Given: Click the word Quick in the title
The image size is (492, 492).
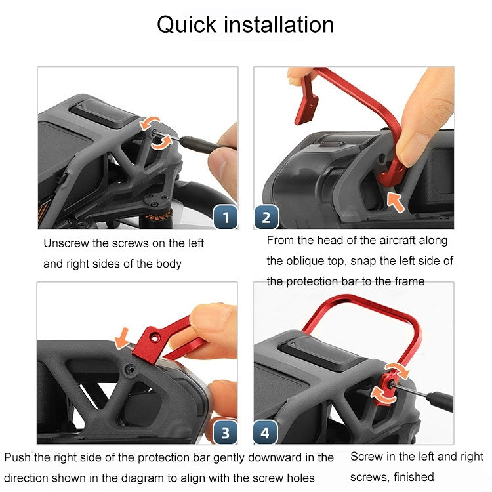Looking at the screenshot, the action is (187, 25).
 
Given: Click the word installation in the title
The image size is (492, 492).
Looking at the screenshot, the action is (279, 24).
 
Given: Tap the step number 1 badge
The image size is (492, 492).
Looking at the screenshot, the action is (225, 217).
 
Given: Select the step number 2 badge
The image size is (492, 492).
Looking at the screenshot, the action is (266, 217).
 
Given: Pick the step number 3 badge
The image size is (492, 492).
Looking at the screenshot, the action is (225, 433).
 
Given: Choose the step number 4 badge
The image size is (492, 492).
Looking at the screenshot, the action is (265, 433).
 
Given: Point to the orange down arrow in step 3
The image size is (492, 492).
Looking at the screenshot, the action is (122, 338).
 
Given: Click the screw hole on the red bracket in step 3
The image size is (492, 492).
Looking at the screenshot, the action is (155, 338).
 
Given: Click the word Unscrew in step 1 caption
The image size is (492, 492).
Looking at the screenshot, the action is (66, 243).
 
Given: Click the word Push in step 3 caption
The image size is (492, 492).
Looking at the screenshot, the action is (17, 457).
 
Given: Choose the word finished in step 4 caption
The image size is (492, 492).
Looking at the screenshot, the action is (414, 477).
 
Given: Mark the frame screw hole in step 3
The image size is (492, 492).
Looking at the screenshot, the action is (131, 370).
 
